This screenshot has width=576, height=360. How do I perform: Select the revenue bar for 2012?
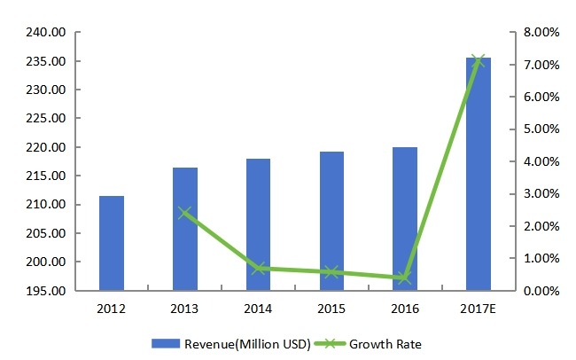point(112,243)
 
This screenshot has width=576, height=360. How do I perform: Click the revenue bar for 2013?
point(185,229)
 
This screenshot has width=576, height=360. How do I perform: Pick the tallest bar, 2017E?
point(479,174)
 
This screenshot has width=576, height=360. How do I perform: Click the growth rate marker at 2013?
point(185,213)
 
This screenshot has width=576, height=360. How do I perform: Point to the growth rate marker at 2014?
point(258,268)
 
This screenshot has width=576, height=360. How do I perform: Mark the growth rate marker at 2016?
point(404,278)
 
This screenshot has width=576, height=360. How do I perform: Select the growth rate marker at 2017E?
point(479,60)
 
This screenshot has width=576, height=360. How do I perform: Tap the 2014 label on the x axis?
point(258,308)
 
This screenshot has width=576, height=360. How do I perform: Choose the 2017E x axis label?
point(479,308)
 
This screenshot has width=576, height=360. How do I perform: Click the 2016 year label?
point(404,308)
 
